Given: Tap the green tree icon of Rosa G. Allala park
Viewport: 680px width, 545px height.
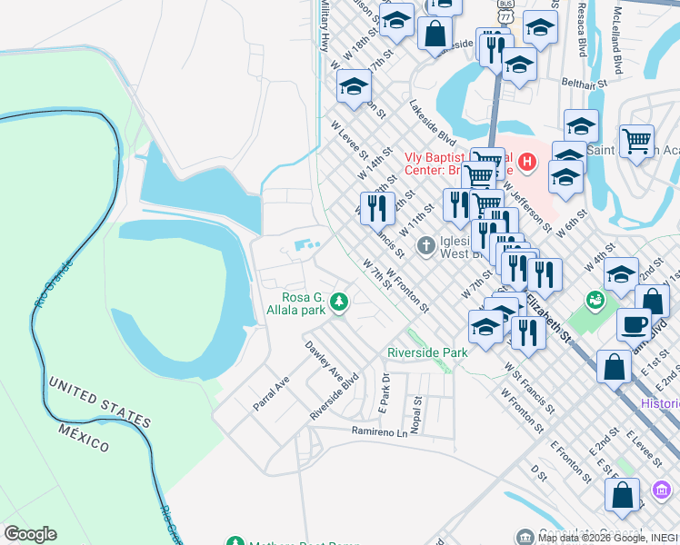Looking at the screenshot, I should coord(339,301).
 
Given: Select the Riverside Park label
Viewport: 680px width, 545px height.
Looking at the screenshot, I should coord(427,352).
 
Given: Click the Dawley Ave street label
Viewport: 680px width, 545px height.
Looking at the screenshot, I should coord(324,361).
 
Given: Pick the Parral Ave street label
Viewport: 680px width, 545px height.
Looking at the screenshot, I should coord(271,393).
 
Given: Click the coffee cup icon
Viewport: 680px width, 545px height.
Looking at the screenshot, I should coord(634,323).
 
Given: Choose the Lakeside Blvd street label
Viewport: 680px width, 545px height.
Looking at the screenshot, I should coord(432,123).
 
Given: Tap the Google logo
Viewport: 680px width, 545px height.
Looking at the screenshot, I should coord(30,534).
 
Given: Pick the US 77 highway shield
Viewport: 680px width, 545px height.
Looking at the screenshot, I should coord(506,15).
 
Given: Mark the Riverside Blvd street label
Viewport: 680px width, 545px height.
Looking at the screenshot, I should coord(334,394).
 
